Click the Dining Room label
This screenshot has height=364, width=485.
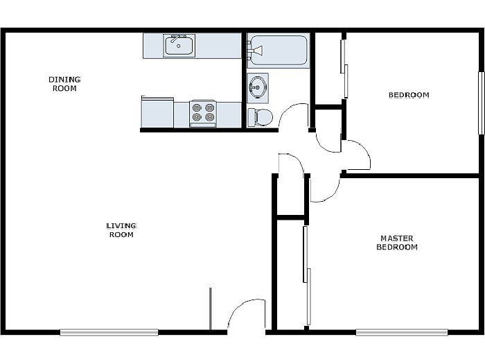pos(64,84)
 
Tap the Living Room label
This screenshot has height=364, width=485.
pos(121,230)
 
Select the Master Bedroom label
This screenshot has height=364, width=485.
pos(397,243)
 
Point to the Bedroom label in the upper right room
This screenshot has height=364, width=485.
pos(409,95)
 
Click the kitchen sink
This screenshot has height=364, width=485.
pos(179,46)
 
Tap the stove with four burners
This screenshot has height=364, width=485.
pos(203,113)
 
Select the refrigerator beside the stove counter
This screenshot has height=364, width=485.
pos(157,112)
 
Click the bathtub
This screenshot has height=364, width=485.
pos(279,51)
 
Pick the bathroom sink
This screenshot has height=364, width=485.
pos(257,87)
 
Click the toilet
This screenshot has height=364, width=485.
pos(260,117)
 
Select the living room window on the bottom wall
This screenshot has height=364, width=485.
pos(109,332)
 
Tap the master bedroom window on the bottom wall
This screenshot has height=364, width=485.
pos(401,332)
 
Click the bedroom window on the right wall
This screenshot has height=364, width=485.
pos(481,103)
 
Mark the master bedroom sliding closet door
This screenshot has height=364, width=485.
pos(307,275)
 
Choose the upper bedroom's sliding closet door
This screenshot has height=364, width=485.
pos(344,69)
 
